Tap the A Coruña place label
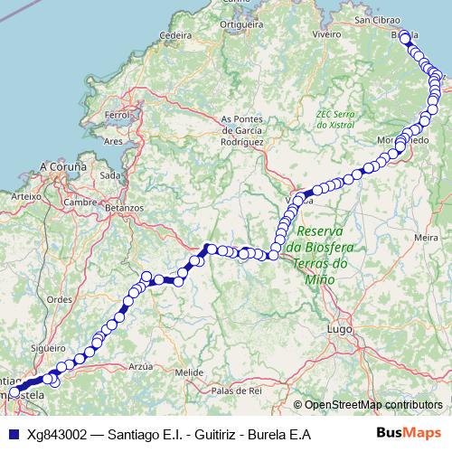pyautogui.click(x=62, y=167)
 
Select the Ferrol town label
pyautogui.click(x=118, y=116)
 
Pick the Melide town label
pyautogui.click(x=189, y=372)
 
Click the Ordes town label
pyautogui.click(x=59, y=299)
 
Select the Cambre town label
pyautogui.click(x=80, y=202)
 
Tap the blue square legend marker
pyautogui.click(x=14, y=433)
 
